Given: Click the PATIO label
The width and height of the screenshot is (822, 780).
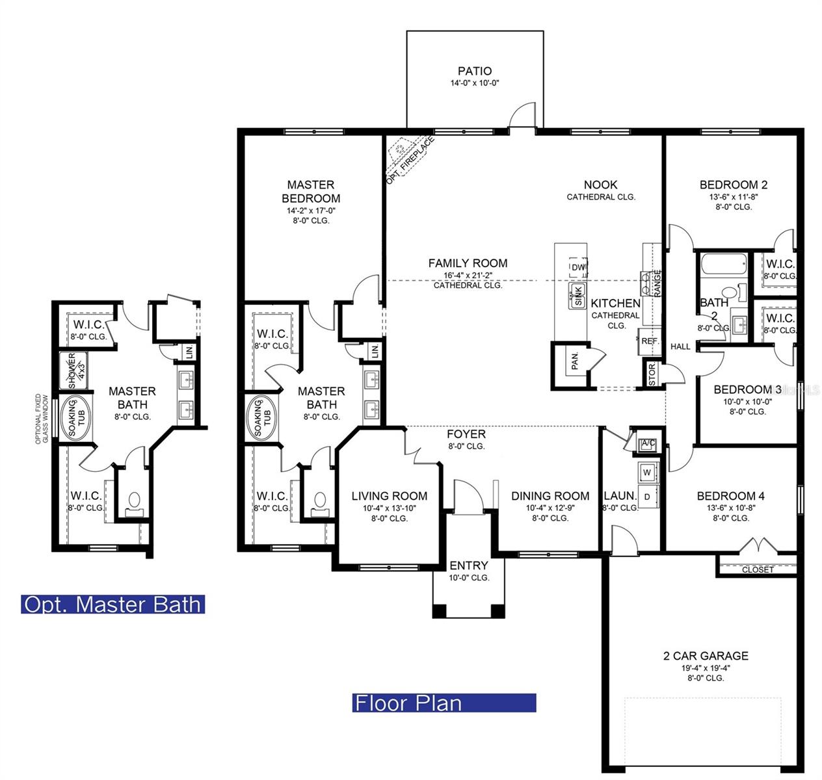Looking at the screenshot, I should (474, 71).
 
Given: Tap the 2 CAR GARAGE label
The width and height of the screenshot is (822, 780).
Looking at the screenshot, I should (705, 656).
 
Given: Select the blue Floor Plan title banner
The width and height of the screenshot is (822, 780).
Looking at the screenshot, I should (444, 703).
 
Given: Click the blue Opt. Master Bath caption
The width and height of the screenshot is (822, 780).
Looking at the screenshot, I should (113, 604).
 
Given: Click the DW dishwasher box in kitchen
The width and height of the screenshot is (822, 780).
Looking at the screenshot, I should (578, 267).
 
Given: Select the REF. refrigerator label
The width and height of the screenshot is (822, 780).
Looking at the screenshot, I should (649, 341).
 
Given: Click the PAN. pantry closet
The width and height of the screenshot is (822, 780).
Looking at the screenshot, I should (575, 361).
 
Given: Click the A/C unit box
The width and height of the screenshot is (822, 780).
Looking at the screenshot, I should (647, 444).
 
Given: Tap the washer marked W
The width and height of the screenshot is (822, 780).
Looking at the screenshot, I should (647, 471).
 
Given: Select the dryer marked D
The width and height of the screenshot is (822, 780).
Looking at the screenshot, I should (647, 496).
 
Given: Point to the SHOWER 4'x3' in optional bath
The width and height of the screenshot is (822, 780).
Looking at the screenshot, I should (77, 370).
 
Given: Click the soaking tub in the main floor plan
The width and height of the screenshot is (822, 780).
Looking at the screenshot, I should (262, 418).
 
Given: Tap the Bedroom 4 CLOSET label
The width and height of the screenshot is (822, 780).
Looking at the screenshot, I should (758, 569).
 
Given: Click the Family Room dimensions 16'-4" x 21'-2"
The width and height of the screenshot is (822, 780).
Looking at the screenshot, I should (468, 275).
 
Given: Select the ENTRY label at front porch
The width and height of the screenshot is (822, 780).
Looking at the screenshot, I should (468, 565).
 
